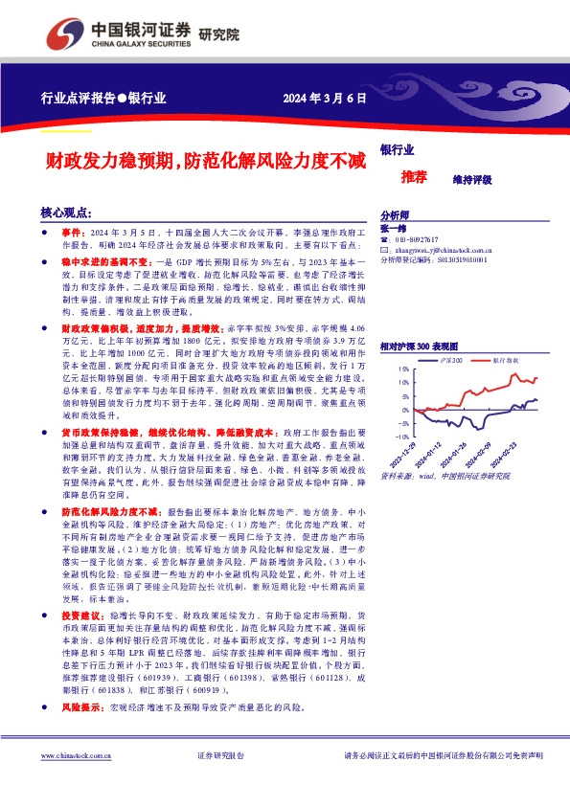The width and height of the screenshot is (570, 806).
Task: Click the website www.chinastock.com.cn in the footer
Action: [x=78, y=755]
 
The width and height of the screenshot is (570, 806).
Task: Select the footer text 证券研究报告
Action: [x=220, y=755]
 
